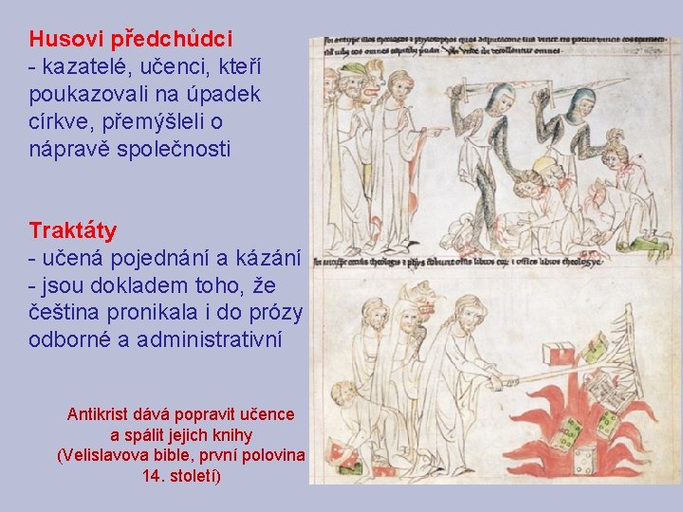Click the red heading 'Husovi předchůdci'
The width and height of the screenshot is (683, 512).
tap(131, 40)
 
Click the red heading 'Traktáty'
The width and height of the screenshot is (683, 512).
tap(73, 230)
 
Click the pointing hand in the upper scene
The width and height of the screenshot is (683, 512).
tap(435, 134)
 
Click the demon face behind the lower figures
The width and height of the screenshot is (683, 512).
tap(421, 302)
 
